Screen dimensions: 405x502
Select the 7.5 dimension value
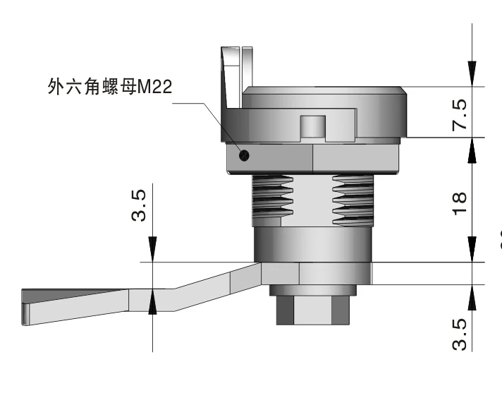pos(458,113)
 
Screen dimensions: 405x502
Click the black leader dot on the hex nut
pos(244,155)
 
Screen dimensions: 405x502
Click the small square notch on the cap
pos(312,127)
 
